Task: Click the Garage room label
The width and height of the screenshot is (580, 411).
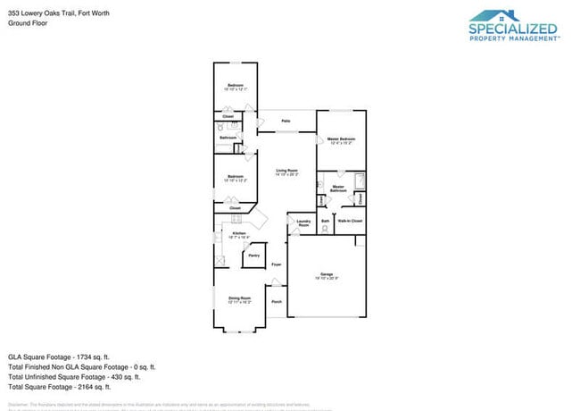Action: pos(326,275)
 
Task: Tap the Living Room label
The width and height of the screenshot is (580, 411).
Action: pos(286,171)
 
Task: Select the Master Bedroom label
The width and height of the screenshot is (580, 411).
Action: pos(341,139)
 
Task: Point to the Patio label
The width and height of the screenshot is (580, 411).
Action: pos(286,121)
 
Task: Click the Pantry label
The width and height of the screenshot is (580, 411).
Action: pos(253,256)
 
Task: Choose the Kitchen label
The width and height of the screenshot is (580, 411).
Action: pos(239,233)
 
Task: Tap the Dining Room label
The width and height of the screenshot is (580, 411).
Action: pos(239,298)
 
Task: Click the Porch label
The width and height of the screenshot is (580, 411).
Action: pos(277,302)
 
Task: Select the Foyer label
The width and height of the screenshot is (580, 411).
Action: pos(277,264)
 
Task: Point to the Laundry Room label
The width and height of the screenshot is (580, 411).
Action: pos(302,223)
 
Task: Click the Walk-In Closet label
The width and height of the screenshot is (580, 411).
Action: pos(350,220)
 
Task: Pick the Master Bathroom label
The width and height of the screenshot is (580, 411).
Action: pos(338,189)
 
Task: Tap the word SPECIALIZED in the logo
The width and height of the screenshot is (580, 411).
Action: pos(513,29)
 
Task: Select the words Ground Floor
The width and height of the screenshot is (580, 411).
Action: pos(27,23)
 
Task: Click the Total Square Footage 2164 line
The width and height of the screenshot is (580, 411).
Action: pos(59,388)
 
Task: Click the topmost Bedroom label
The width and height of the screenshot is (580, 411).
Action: pos(236,86)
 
